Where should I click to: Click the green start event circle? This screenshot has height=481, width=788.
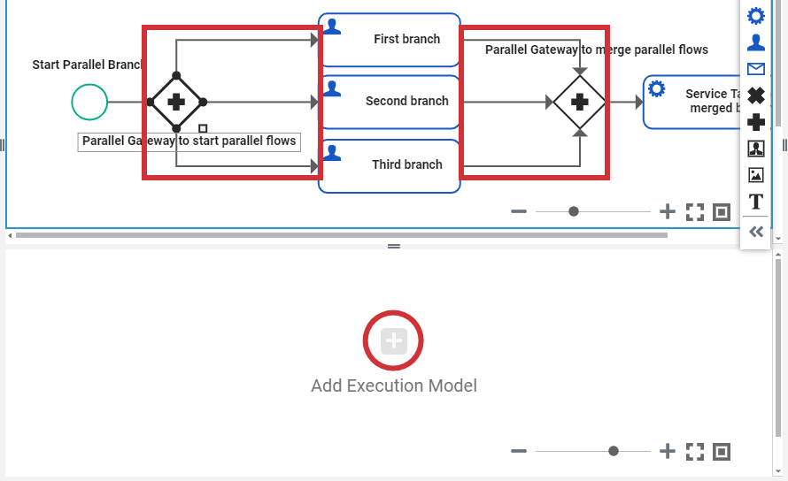(89, 102)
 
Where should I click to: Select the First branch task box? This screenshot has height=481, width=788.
(390, 40)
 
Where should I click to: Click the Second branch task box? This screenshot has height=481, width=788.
(390, 102)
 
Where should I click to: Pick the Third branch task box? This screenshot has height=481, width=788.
(390, 164)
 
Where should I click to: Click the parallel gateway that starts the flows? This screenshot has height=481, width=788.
(176, 102)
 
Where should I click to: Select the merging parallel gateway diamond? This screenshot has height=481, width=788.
(580, 102)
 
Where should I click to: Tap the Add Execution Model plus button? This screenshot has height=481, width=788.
(394, 340)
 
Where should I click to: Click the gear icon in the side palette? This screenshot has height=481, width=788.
(756, 16)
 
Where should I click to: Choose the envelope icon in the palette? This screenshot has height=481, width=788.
(756, 69)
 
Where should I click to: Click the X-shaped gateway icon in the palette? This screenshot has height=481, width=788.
(756, 95)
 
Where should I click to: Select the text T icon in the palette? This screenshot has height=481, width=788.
(756, 202)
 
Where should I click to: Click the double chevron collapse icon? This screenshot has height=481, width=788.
(756, 232)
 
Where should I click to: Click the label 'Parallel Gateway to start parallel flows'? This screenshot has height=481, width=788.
(189, 141)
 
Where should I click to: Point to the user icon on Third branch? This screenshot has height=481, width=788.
(332, 152)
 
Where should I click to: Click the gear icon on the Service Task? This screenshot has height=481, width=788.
(657, 88)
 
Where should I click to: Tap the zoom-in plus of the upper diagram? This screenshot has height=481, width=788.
(668, 211)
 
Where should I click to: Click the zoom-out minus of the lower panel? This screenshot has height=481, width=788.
(519, 451)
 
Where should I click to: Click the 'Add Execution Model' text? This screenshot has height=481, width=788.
(394, 386)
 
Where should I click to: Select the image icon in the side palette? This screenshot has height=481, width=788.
(756, 175)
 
